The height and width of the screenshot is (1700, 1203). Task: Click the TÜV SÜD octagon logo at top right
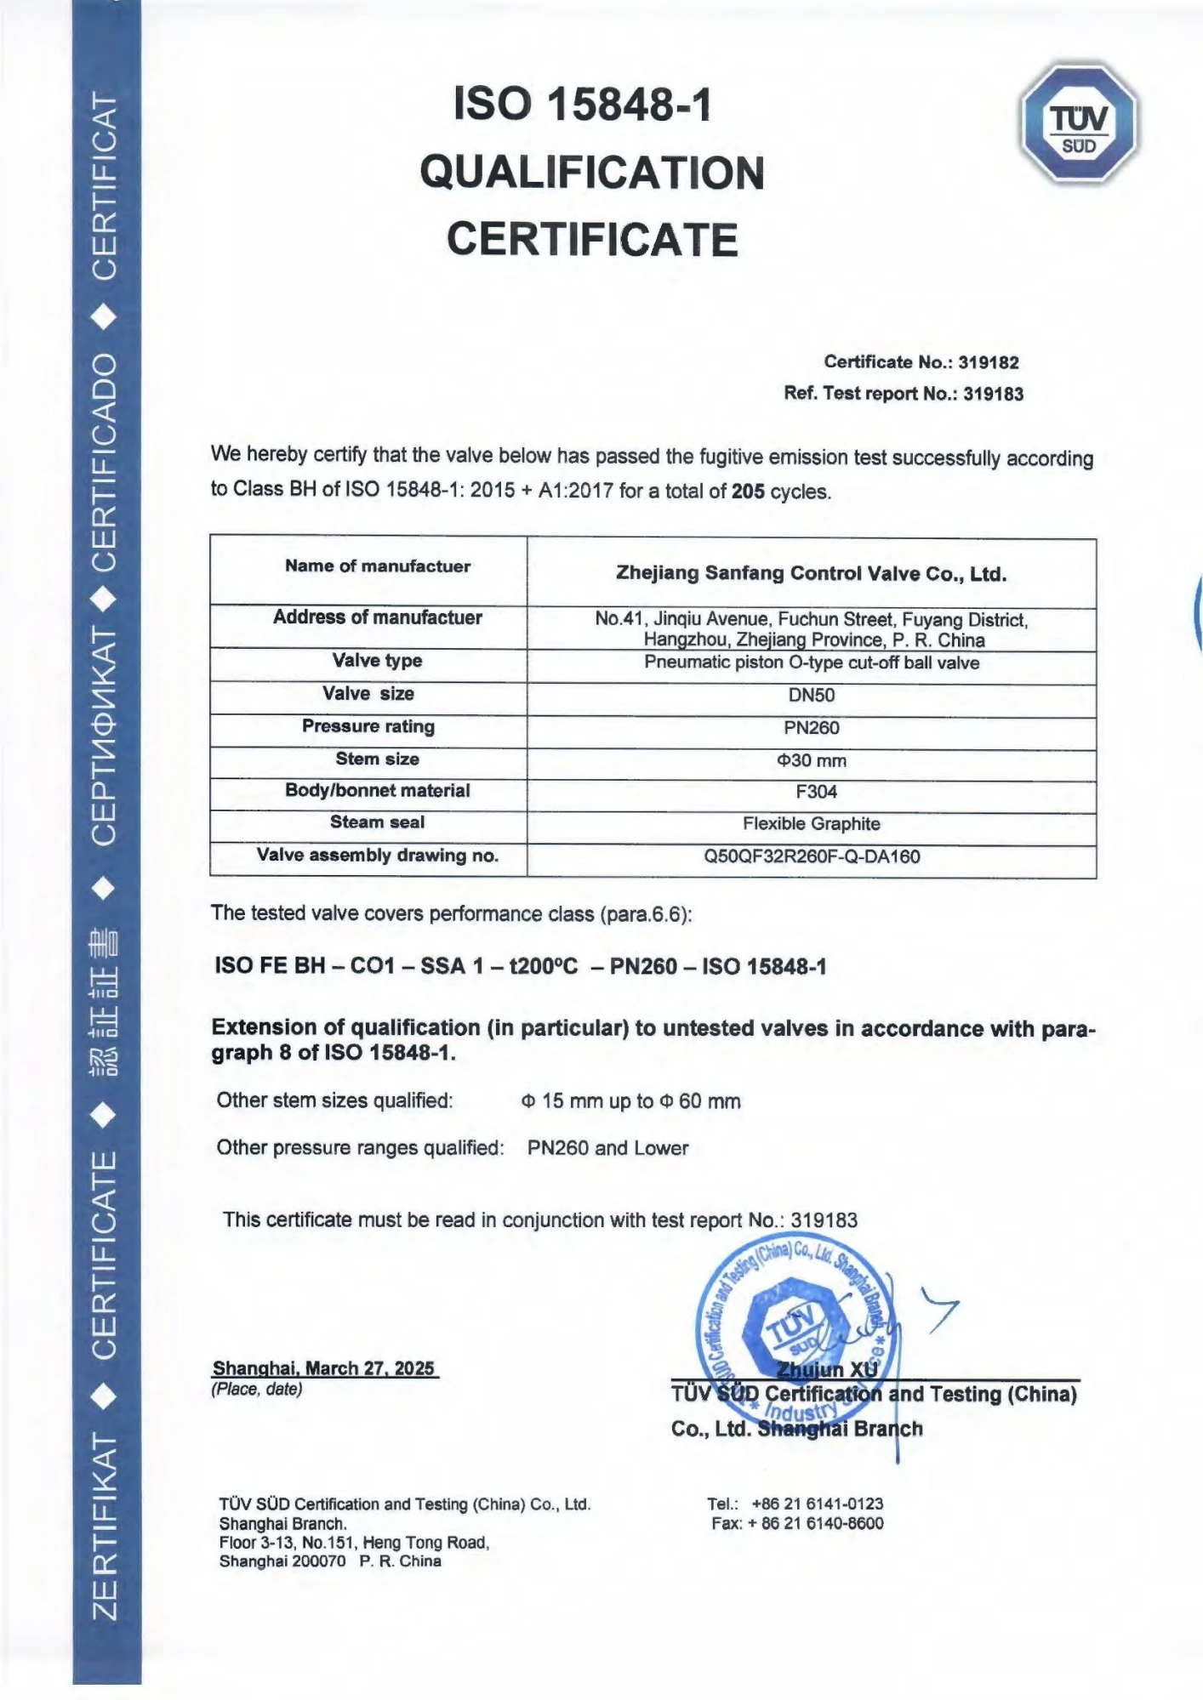(1079, 123)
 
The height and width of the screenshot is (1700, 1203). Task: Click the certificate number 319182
(989, 362)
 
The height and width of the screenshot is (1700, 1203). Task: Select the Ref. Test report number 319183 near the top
(993, 394)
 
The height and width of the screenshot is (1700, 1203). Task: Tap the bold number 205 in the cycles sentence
(748, 492)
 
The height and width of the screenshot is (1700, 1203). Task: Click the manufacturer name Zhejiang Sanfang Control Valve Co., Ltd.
(811, 574)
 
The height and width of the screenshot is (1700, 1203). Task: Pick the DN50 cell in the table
(811, 695)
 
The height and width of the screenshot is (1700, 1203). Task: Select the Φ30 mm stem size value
(812, 760)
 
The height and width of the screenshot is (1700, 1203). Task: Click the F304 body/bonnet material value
(816, 792)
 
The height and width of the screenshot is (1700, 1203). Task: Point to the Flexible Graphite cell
(811, 823)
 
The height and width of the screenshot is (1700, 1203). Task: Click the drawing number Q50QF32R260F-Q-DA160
(811, 856)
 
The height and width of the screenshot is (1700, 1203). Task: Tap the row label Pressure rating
(368, 726)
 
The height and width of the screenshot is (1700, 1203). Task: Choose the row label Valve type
(377, 661)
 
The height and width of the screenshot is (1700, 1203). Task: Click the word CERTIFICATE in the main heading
(592, 239)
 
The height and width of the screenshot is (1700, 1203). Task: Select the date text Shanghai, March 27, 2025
(324, 1368)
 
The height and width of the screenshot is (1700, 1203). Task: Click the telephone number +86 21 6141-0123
(817, 1504)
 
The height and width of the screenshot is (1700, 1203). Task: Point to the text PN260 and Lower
(607, 1148)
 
